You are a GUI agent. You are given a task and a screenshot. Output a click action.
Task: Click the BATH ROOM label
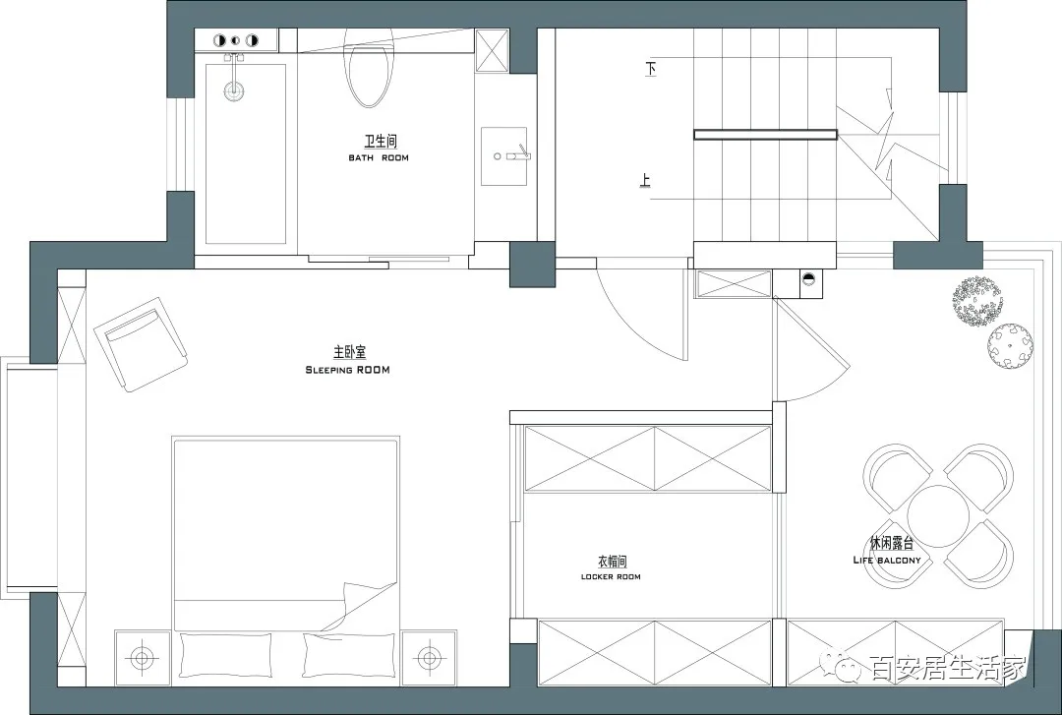click(x=379, y=158)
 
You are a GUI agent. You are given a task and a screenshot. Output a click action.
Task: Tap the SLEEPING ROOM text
click(x=347, y=370)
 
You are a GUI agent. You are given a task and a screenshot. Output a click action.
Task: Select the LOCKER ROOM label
click(x=611, y=576)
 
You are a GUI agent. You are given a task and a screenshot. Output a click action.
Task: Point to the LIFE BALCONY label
click(x=887, y=561)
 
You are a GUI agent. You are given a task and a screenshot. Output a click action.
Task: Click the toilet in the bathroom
click(x=369, y=68)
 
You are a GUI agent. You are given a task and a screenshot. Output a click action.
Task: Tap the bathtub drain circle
click(x=235, y=90)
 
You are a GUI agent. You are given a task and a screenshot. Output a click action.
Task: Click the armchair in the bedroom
click(x=141, y=343)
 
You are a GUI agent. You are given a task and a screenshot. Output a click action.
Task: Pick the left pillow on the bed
click(x=226, y=655)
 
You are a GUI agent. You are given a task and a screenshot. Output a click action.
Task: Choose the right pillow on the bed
click(x=348, y=655)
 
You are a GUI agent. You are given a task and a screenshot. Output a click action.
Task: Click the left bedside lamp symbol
click(x=142, y=657)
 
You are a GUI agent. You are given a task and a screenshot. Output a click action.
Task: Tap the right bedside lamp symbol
click(x=428, y=657)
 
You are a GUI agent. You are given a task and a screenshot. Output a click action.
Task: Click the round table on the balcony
click(x=939, y=516)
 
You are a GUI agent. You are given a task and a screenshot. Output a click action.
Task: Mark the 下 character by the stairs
click(x=651, y=69)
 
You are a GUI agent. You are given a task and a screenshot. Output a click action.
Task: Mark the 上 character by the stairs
click(x=645, y=180)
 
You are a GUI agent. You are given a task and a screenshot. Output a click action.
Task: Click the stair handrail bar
click(x=765, y=135)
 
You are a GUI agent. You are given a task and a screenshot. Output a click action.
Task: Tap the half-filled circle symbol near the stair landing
click(x=808, y=278)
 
